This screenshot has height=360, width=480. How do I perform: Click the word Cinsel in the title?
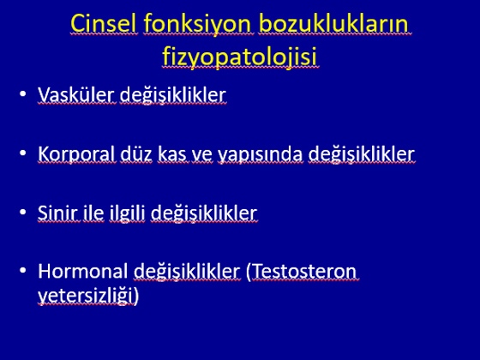pos(104,23)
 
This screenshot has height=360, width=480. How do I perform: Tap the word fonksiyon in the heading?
pos(198,25)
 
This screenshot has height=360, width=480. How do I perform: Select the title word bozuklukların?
pos(333,23)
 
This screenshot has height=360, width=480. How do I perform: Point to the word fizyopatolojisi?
pos(239,57)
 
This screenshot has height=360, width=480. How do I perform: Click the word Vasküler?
pos(76,94)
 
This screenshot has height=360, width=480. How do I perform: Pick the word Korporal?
pos(76,154)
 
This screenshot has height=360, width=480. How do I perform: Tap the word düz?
pos(136,153)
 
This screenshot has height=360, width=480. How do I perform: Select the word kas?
pos(171,153)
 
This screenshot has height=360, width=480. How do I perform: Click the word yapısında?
pos(261,154)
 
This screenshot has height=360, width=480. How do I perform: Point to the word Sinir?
pos(58,213)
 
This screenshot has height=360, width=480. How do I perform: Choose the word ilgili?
pos(127,213)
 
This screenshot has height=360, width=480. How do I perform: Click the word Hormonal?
pos(82,271)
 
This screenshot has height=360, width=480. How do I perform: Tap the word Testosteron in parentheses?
pos(302,272)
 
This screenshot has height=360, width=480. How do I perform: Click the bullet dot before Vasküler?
pos(22,93)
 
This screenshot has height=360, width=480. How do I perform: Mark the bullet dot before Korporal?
pos(22,153)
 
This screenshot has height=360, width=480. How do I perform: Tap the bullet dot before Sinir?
pos(22,212)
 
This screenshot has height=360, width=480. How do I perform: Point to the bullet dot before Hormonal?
pos(22,270)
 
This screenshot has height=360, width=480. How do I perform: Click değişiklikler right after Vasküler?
pos(173,95)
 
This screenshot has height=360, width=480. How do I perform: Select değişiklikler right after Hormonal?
pos(187,272)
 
